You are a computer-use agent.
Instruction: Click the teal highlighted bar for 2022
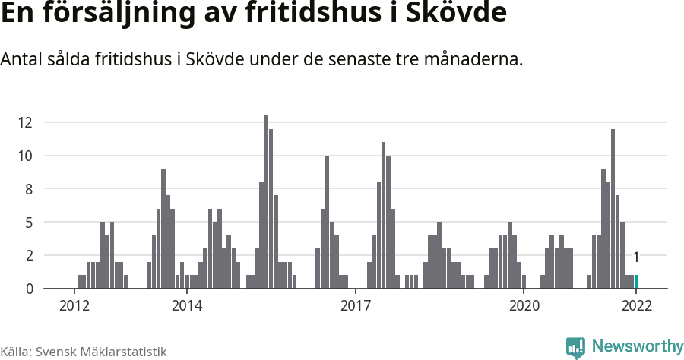636,282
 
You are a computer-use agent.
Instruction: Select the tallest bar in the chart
266,203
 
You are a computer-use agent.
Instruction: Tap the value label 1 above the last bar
636,257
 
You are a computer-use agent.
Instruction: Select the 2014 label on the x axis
187,306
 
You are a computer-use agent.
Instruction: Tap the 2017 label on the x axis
355,306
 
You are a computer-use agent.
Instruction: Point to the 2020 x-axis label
524,306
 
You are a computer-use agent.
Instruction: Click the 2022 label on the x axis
636,306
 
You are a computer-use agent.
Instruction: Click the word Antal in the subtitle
22,59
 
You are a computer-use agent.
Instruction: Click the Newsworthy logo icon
575,347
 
